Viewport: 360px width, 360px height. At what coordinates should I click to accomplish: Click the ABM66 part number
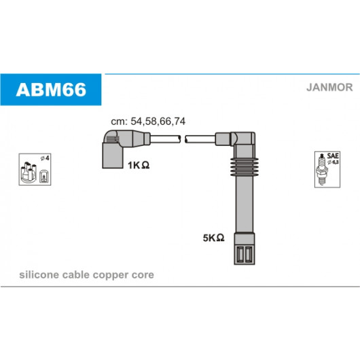tap(51, 90)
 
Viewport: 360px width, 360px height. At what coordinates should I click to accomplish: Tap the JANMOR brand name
tap(329, 88)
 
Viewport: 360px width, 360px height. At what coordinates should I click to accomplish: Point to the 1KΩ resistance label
tap(139, 165)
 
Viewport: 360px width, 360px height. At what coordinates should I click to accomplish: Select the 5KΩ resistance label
tap(213, 238)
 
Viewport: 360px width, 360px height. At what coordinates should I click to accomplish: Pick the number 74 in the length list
tap(179, 122)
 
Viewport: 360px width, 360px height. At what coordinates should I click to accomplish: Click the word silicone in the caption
tap(39, 275)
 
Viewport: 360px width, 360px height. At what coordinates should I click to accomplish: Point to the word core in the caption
tap(143, 275)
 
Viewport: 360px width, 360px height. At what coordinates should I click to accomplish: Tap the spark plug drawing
tap(322, 169)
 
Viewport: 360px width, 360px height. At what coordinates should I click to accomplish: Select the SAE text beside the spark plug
tap(333, 156)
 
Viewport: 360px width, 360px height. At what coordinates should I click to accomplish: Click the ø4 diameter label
tap(45, 158)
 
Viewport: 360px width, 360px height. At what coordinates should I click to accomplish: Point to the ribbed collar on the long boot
tap(245, 167)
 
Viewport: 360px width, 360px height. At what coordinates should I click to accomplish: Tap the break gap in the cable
tap(183, 139)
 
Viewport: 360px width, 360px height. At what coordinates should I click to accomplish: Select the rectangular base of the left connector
tap(113, 156)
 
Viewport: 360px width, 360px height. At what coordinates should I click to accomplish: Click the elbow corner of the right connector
tap(249, 138)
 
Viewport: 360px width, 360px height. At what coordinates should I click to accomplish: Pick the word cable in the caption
tap(76, 275)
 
